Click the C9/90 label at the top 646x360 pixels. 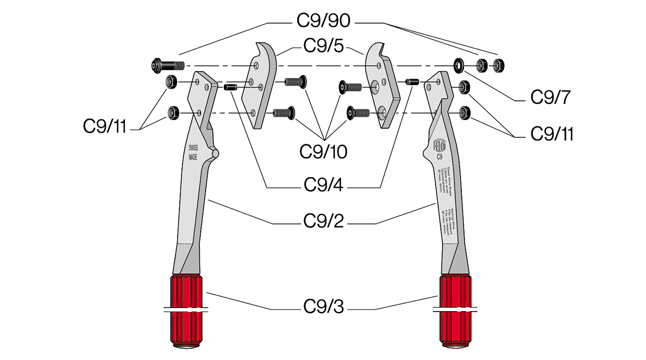tap(324, 21)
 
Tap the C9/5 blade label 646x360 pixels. tap(324, 46)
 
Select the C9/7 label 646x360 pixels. tap(550, 97)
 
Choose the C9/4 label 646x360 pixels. tap(324, 185)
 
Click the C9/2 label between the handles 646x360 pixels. tap(324, 221)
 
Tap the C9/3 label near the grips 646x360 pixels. tap(324, 308)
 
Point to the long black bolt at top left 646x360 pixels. tap(166, 66)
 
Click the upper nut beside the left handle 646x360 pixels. tap(172, 82)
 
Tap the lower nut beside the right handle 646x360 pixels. tap(465, 112)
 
